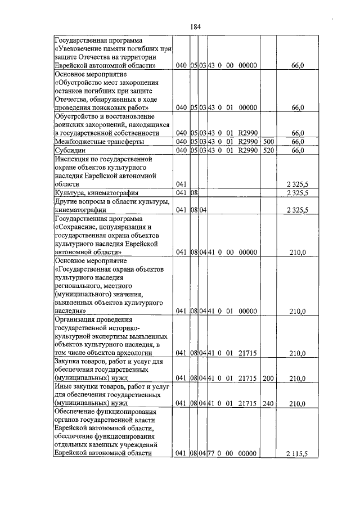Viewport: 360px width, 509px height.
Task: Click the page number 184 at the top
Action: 196,26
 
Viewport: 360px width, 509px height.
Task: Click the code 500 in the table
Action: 268,142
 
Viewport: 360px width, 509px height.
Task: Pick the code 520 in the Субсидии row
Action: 268,150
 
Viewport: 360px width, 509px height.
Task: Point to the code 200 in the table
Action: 268,379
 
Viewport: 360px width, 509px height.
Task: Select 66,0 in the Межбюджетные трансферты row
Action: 298,142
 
